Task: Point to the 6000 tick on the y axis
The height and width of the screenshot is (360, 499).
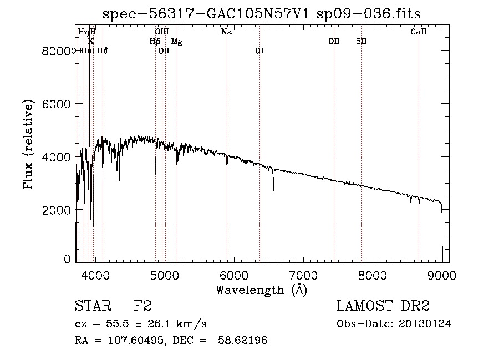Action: [77, 104]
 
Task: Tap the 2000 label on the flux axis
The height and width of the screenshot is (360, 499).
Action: [57, 210]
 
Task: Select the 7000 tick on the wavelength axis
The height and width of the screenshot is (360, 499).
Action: [303, 261]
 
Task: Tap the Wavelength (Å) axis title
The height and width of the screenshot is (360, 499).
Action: [261, 290]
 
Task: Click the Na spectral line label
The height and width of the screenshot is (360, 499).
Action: [226, 32]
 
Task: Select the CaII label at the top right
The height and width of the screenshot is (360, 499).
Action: [419, 32]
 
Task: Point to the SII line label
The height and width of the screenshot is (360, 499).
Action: [361, 41]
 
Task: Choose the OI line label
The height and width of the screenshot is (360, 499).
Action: [259, 50]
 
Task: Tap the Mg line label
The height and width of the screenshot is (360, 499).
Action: [176, 41]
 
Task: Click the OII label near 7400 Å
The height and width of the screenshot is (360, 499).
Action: [334, 41]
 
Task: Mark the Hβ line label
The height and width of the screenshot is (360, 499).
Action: [155, 41]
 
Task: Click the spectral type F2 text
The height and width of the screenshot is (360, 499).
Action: [143, 306]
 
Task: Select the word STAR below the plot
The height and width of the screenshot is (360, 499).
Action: [93, 306]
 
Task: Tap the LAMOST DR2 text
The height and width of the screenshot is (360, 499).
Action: [383, 306]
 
